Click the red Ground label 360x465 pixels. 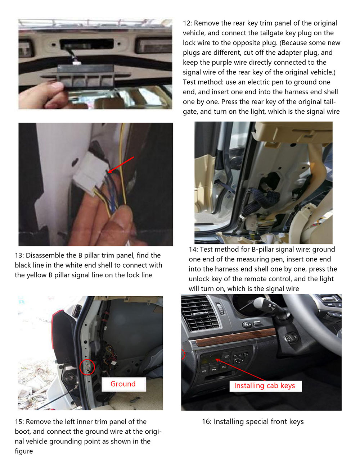[x=123, y=384]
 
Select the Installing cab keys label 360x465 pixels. [x=265, y=386]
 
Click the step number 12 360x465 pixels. [x=186, y=23]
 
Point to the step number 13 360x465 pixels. [x=19, y=255]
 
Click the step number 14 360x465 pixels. [x=193, y=249]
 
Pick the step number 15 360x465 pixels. [x=19, y=421]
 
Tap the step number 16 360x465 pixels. [x=206, y=421]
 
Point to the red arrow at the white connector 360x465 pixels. [x=121, y=165]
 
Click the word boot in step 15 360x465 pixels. [x=23, y=432]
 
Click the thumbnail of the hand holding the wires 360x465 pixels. [x=96, y=184]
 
